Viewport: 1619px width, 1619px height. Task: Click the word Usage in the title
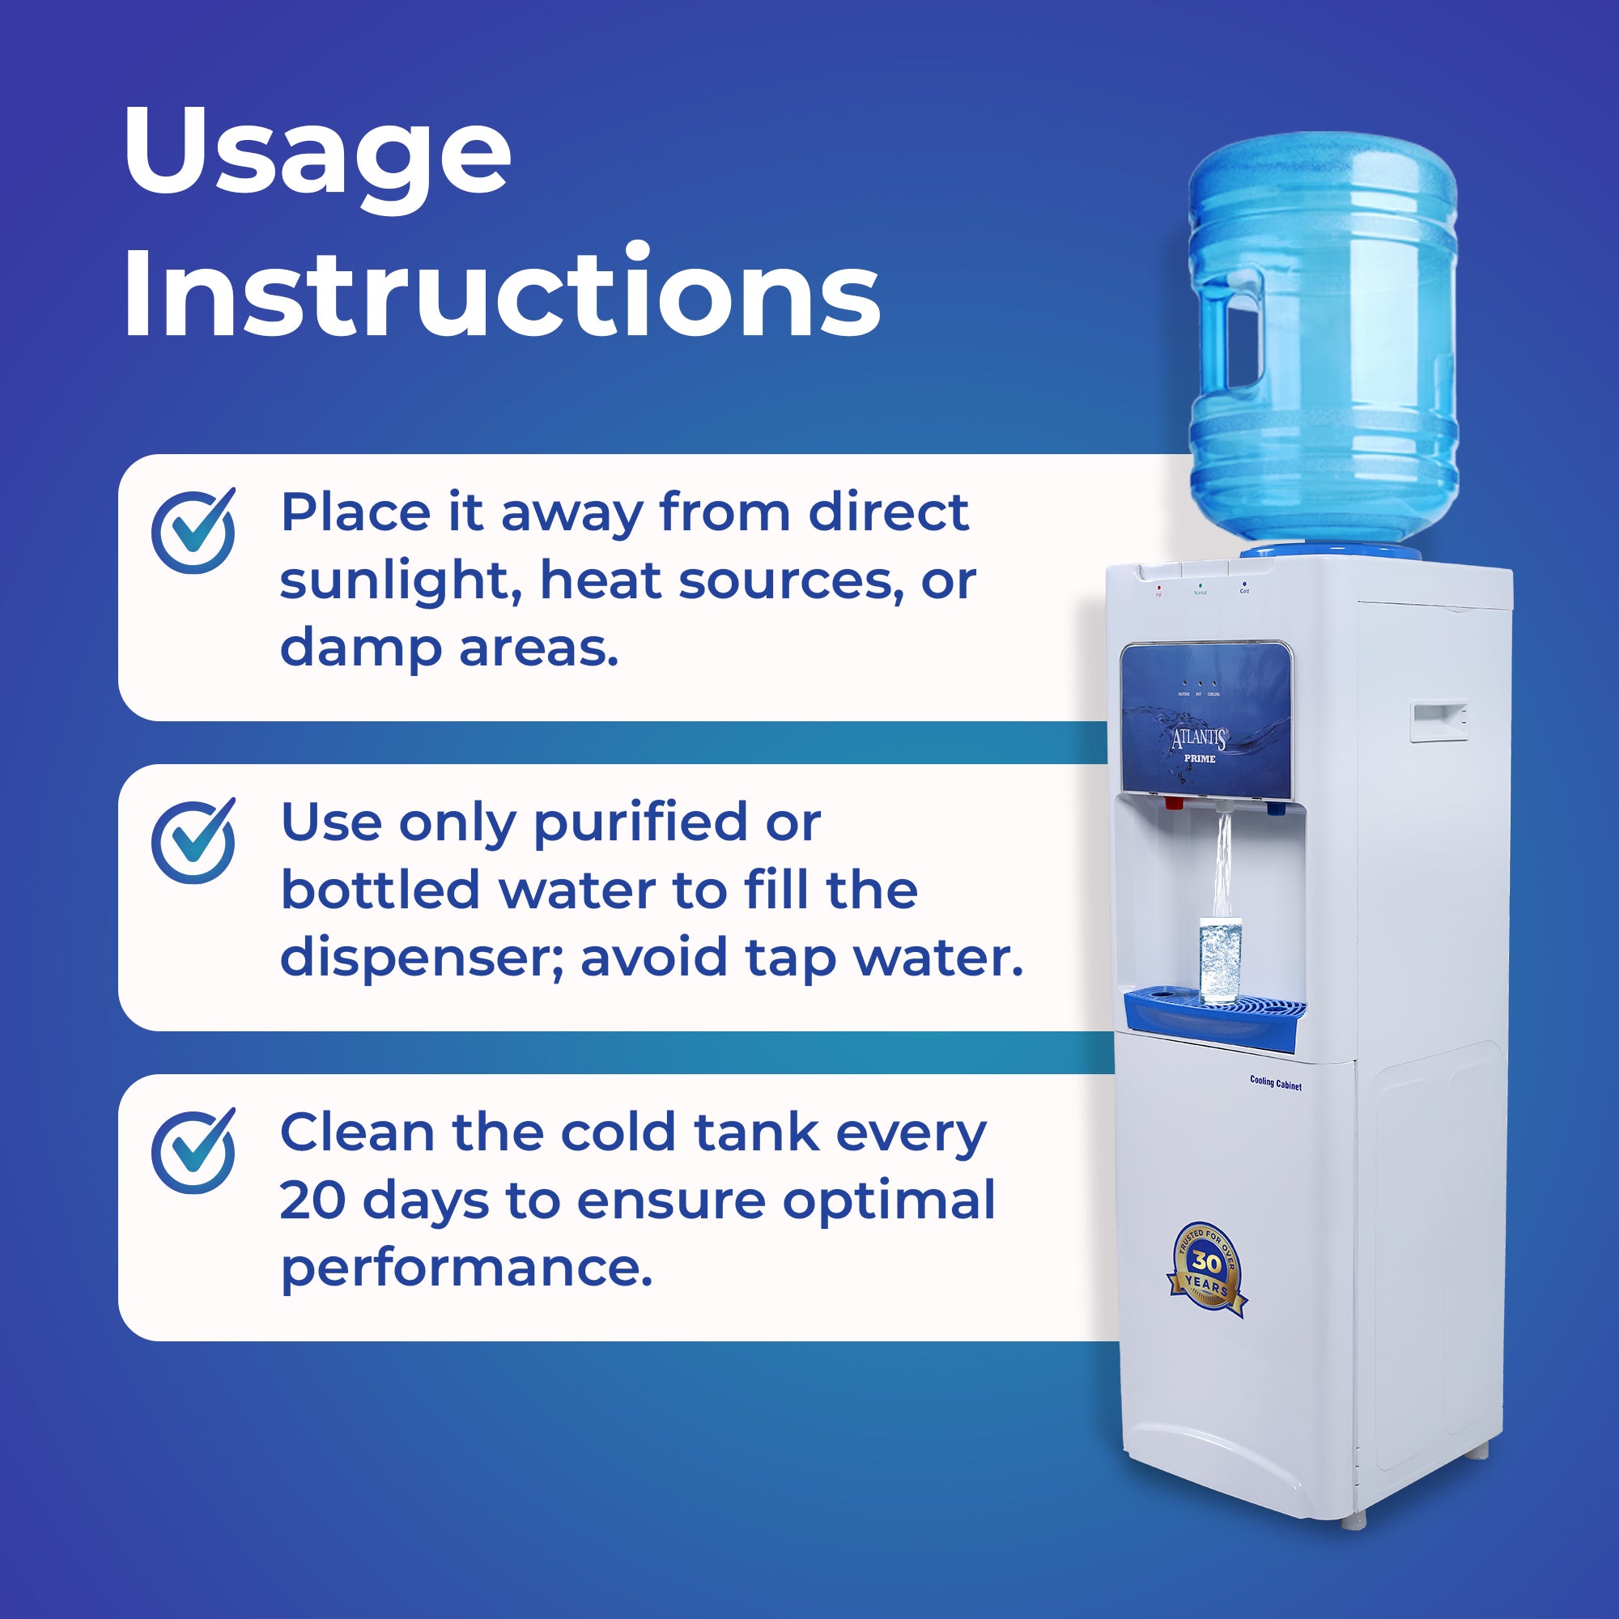317,155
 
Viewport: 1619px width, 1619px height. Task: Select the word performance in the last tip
465,1268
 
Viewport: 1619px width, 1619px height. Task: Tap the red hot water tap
1174,805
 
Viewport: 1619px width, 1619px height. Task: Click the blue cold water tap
1275,809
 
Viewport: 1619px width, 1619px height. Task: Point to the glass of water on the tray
1220,959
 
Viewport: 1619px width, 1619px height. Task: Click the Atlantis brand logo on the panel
1199,738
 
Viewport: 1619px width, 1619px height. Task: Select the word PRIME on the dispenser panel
1199,759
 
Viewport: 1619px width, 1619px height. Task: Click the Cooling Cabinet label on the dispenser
1276,1084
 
